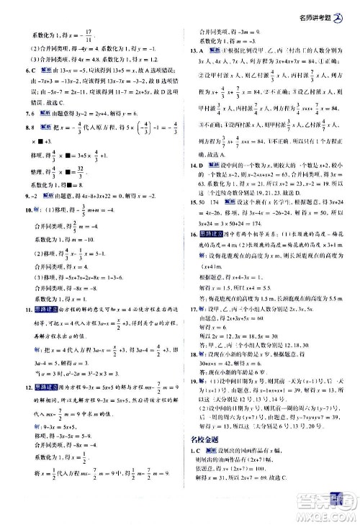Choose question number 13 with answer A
point(193,52)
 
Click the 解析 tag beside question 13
point(212,52)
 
